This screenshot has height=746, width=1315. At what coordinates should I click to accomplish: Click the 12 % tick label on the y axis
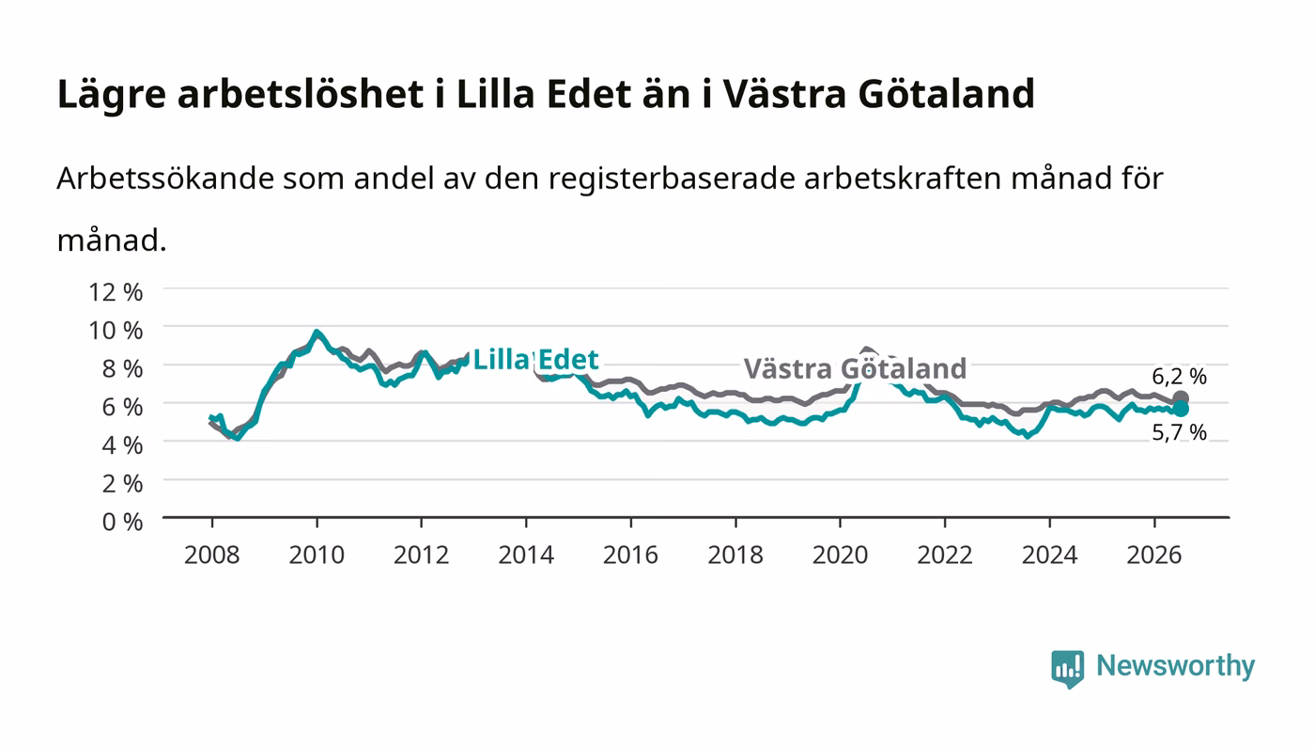[115, 292]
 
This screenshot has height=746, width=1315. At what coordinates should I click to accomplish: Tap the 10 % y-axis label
[115, 330]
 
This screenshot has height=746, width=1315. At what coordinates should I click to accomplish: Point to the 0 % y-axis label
[123, 521]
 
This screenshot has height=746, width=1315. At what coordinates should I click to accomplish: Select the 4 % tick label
[123, 445]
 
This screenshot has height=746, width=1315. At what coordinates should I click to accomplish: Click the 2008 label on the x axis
[212, 554]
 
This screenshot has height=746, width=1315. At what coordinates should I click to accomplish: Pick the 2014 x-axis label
[526, 554]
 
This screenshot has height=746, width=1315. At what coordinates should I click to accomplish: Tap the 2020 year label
[840, 554]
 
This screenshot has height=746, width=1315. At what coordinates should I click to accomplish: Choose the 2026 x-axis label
[1154, 554]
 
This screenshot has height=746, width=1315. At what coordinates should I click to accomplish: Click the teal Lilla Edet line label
[535, 359]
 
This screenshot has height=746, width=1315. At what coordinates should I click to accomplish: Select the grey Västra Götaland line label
[855, 369]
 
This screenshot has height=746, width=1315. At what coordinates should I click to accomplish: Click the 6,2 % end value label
[1179, 376]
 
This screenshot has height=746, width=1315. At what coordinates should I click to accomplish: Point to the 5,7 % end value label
[1179, 432]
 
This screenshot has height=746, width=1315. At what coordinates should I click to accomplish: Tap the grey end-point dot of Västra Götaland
[1180, 399]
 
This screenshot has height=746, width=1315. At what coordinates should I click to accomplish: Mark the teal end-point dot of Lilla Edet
[1180, 409]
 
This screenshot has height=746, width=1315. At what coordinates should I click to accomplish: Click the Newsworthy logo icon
[1067, 668]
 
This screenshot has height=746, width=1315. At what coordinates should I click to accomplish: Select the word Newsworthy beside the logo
[1175, 665]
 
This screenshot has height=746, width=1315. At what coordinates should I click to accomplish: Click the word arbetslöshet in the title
[300, 93]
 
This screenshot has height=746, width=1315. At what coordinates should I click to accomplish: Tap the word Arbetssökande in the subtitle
[165, 178]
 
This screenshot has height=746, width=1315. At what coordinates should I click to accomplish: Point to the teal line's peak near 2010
[317, 332]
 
